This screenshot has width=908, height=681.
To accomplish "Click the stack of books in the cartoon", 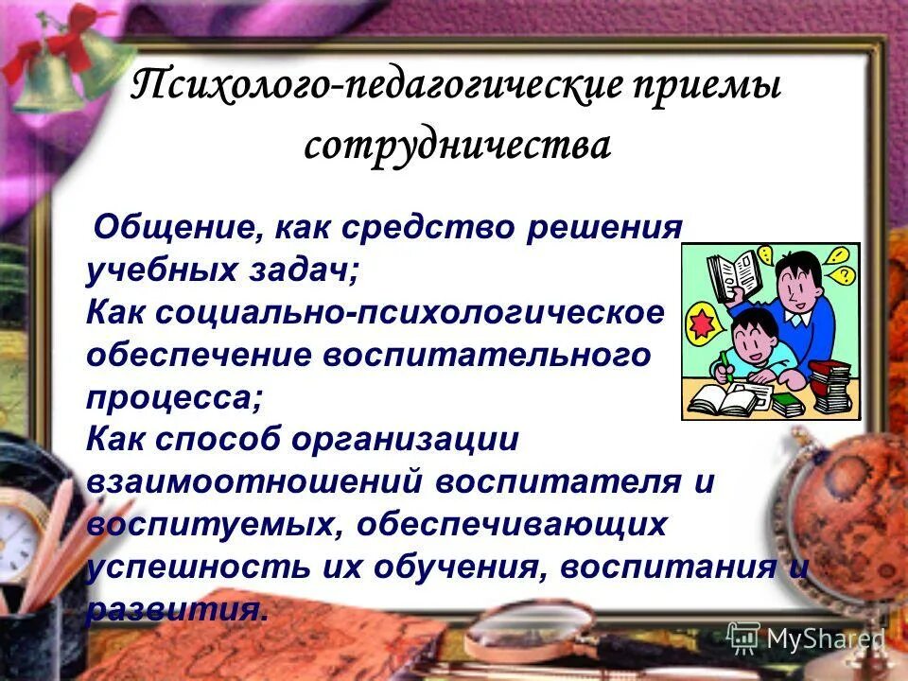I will pyautogui.click(x=832, y=383).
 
